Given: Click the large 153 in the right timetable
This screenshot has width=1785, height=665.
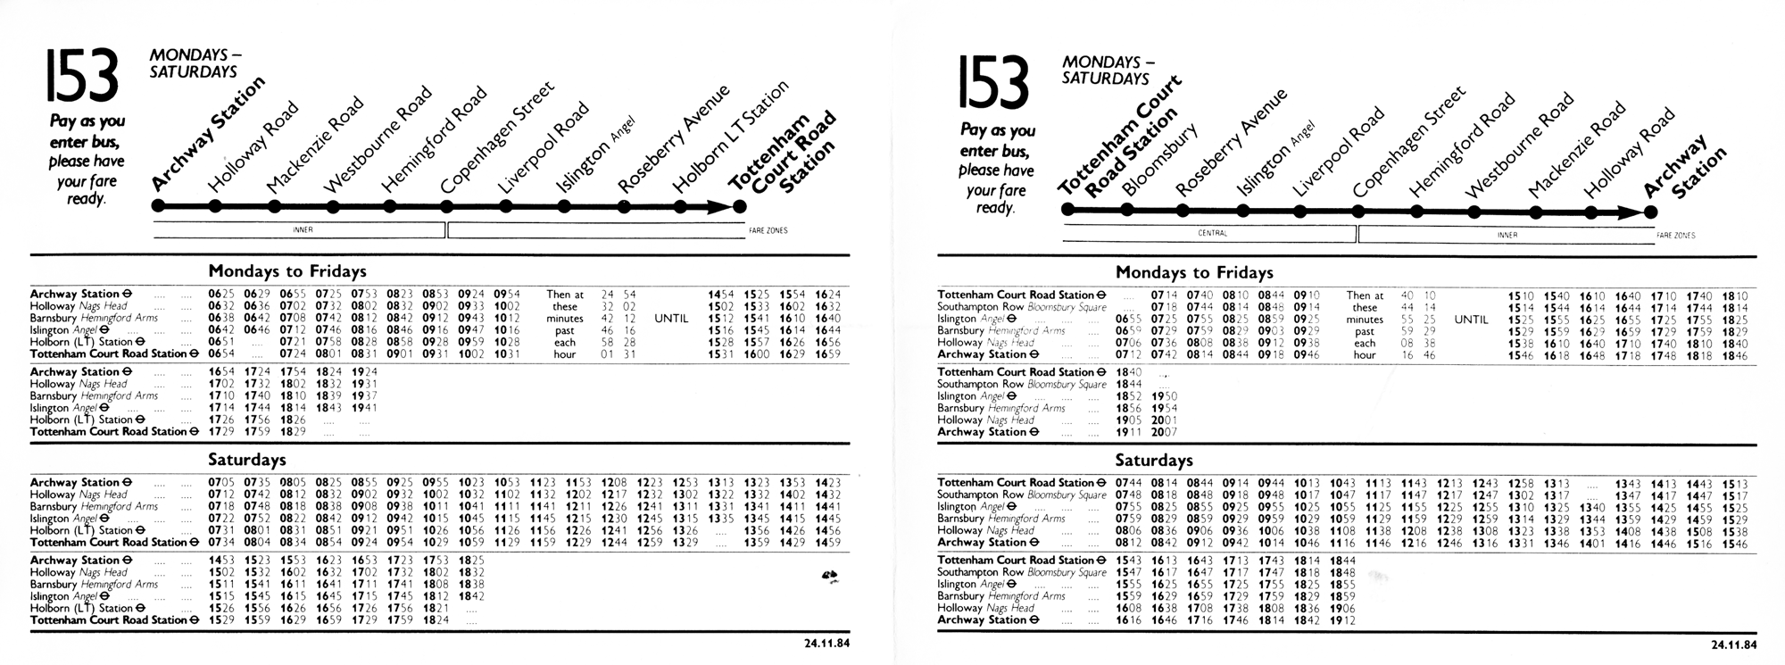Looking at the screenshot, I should [x=993, y=82].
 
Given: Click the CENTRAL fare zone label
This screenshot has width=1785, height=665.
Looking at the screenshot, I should [x=1212, y=234].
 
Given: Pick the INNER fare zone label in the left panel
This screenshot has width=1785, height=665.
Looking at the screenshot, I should [x=303, y=229].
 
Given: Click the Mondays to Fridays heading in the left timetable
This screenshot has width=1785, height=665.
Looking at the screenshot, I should [x=287, y=270].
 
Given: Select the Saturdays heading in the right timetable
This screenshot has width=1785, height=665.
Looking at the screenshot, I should [x=1154, y=461].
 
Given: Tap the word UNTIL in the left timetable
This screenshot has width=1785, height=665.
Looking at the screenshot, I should [x=671, y=318].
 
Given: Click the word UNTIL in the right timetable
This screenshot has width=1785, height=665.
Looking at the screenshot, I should [x=1471, y=320].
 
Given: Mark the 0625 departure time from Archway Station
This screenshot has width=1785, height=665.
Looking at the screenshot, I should [x=220, y=294].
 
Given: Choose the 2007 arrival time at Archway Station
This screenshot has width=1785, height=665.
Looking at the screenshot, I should [x=1165, y=432].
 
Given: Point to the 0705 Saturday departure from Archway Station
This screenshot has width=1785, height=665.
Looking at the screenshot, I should [x=220, y=482].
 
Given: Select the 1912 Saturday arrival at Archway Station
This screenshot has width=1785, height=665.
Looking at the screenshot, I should [x=1342, y=619].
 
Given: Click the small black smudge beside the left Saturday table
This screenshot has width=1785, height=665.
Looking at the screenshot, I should [x=829, y=578].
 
